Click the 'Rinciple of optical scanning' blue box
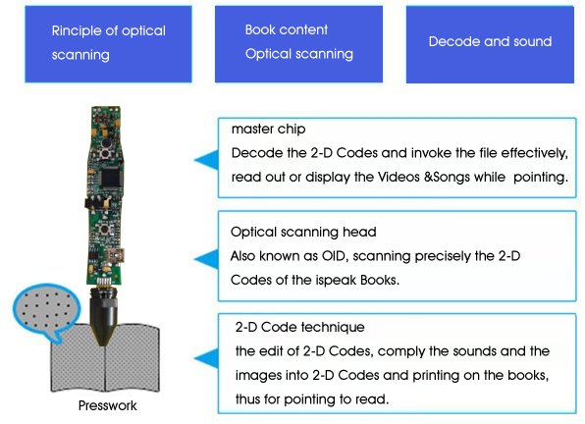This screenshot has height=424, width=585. pyautogui.click(x=108, y=44)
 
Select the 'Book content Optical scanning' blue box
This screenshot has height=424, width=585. pyautogui.click(x=298, y=44)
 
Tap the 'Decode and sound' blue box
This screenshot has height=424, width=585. pyautogui.click(x=490, y=44)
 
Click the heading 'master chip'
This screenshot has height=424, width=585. pyautogui.click(x=268, y=129)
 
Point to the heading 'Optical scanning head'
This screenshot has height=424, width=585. pyautogui.click(x=303, y=232)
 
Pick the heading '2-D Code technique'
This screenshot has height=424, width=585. pyautogui.click(x=300, y=327)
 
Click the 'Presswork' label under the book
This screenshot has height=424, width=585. pyautogui.click(x=107, y=405)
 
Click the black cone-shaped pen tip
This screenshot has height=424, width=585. pyautogui.click(x=103, y=317)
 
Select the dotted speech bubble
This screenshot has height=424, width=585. pyautogui.click(x=45, y=311)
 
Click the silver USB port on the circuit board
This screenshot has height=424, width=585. pyautogui.click(x=116, y=256)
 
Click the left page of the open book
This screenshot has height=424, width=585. pyautogui.click(x=78, y=358)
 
